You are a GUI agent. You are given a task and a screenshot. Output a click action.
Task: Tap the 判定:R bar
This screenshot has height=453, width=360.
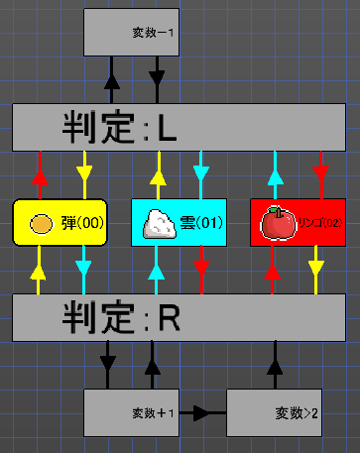180,317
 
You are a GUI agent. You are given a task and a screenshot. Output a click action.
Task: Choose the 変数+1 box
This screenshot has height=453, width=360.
132,412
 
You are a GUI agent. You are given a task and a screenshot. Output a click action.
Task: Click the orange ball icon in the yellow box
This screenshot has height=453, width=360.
41,223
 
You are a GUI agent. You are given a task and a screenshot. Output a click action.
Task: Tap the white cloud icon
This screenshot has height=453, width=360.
159,223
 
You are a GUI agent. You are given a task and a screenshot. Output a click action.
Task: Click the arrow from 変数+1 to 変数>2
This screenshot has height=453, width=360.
203,412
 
